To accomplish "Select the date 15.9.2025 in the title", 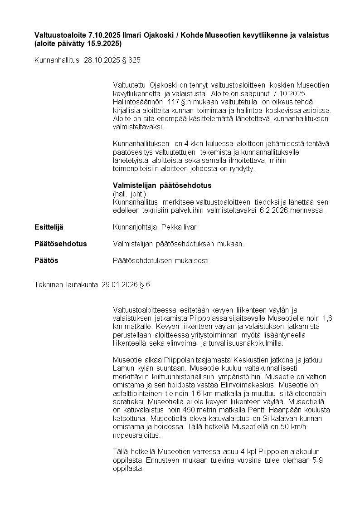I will [x=102, y=44].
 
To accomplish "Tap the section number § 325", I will [x=131, y=60].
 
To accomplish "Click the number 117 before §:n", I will [x=174, y=102].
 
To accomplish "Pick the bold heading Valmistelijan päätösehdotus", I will [x=162, y=186].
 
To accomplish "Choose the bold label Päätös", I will [x=46, y=260].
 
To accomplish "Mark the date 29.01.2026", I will [x=119, y=285].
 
